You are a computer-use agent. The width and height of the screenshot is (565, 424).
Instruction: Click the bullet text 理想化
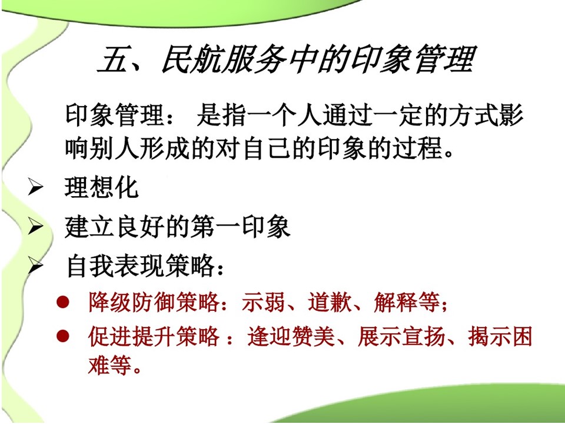(102, 187)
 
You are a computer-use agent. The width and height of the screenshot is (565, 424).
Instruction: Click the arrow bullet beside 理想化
(36, 188)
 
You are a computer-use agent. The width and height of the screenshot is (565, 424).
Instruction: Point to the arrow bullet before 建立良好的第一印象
(36, 227)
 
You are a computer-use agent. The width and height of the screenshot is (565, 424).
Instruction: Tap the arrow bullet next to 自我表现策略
(36, 266)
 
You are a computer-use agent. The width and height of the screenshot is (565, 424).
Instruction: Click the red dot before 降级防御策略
(62, 302)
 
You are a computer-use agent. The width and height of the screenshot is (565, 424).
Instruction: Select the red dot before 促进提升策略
(62, 336)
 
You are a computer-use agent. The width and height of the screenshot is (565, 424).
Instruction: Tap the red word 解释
(395, 302)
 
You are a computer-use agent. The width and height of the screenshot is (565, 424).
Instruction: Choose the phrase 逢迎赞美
(291, 336)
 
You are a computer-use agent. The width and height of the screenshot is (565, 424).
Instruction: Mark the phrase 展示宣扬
(401, 336)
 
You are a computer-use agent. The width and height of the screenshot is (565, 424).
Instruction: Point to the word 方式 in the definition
(473, 115)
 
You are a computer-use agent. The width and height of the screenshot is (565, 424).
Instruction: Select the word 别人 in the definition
(114, 147)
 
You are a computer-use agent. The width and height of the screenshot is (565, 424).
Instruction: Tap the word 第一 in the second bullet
(215, 227)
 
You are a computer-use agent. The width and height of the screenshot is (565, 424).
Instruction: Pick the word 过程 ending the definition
(418, 147)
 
